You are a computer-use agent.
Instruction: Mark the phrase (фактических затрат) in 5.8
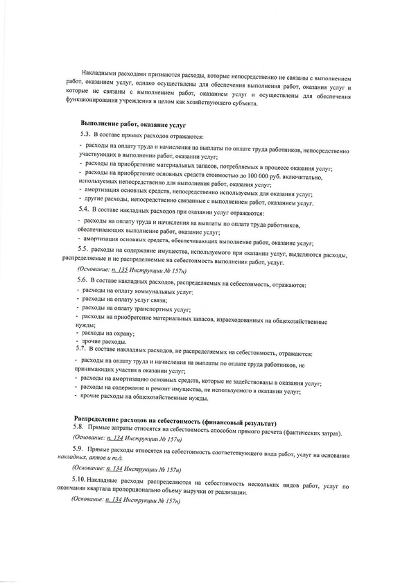(308, 433)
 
